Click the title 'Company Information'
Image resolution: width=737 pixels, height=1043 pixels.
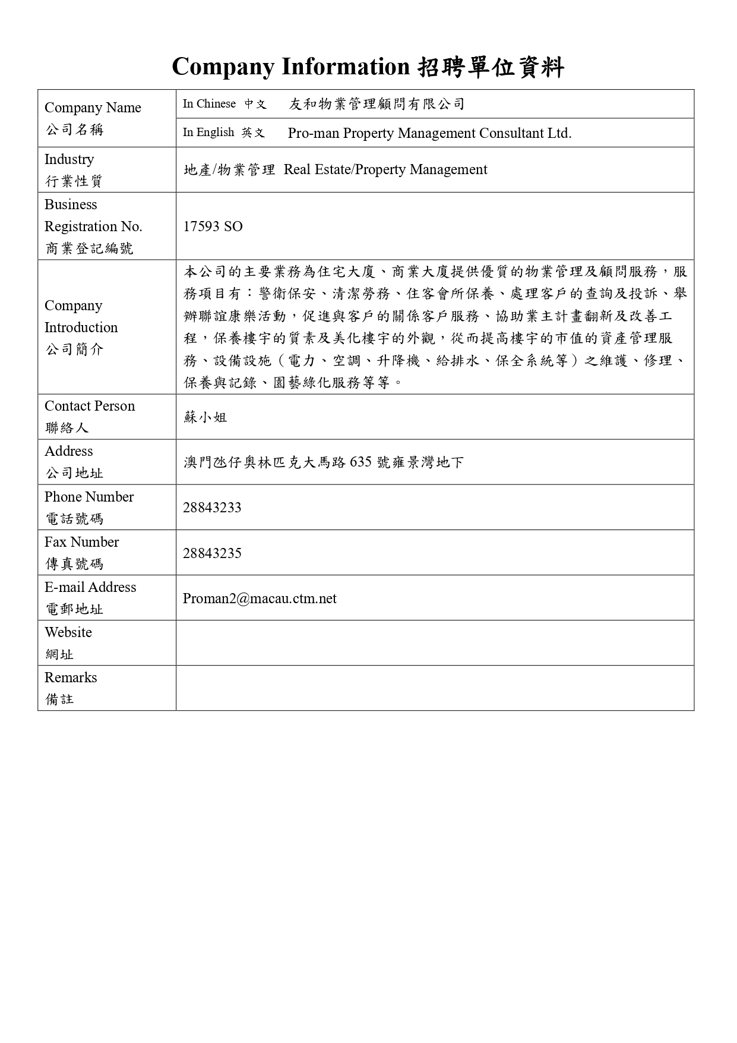click(x=290, y=67)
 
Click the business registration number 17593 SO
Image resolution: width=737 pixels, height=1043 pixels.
click(x=213, y=226)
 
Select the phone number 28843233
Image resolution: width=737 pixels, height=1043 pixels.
click(x=212, y=508)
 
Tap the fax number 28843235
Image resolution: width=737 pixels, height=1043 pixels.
click(x=212, y=553)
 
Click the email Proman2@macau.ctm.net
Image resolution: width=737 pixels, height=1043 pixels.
click(x=260, y=598)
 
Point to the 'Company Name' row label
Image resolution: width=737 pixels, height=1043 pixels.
click(x=93, y=108)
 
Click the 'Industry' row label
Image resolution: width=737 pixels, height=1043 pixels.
click(x=69, y=159)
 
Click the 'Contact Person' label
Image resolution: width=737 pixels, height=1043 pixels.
click(x=90, y=406)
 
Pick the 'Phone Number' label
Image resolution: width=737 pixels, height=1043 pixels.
click(x=89, y=497)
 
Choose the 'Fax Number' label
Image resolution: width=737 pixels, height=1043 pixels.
click(x=81, y=542)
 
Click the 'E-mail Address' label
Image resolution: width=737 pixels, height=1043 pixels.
click(x=90, y=587)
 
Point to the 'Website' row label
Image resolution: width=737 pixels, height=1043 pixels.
click(x=68, y=632)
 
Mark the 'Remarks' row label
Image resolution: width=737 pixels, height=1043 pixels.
click(x=71, y=678)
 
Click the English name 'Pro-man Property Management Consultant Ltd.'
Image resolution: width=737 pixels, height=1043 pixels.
click(x=429, y=133)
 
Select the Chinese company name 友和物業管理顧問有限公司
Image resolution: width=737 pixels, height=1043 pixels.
click(x=377, y=104)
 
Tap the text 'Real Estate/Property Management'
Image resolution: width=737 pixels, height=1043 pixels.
click(x=385, y=170)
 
